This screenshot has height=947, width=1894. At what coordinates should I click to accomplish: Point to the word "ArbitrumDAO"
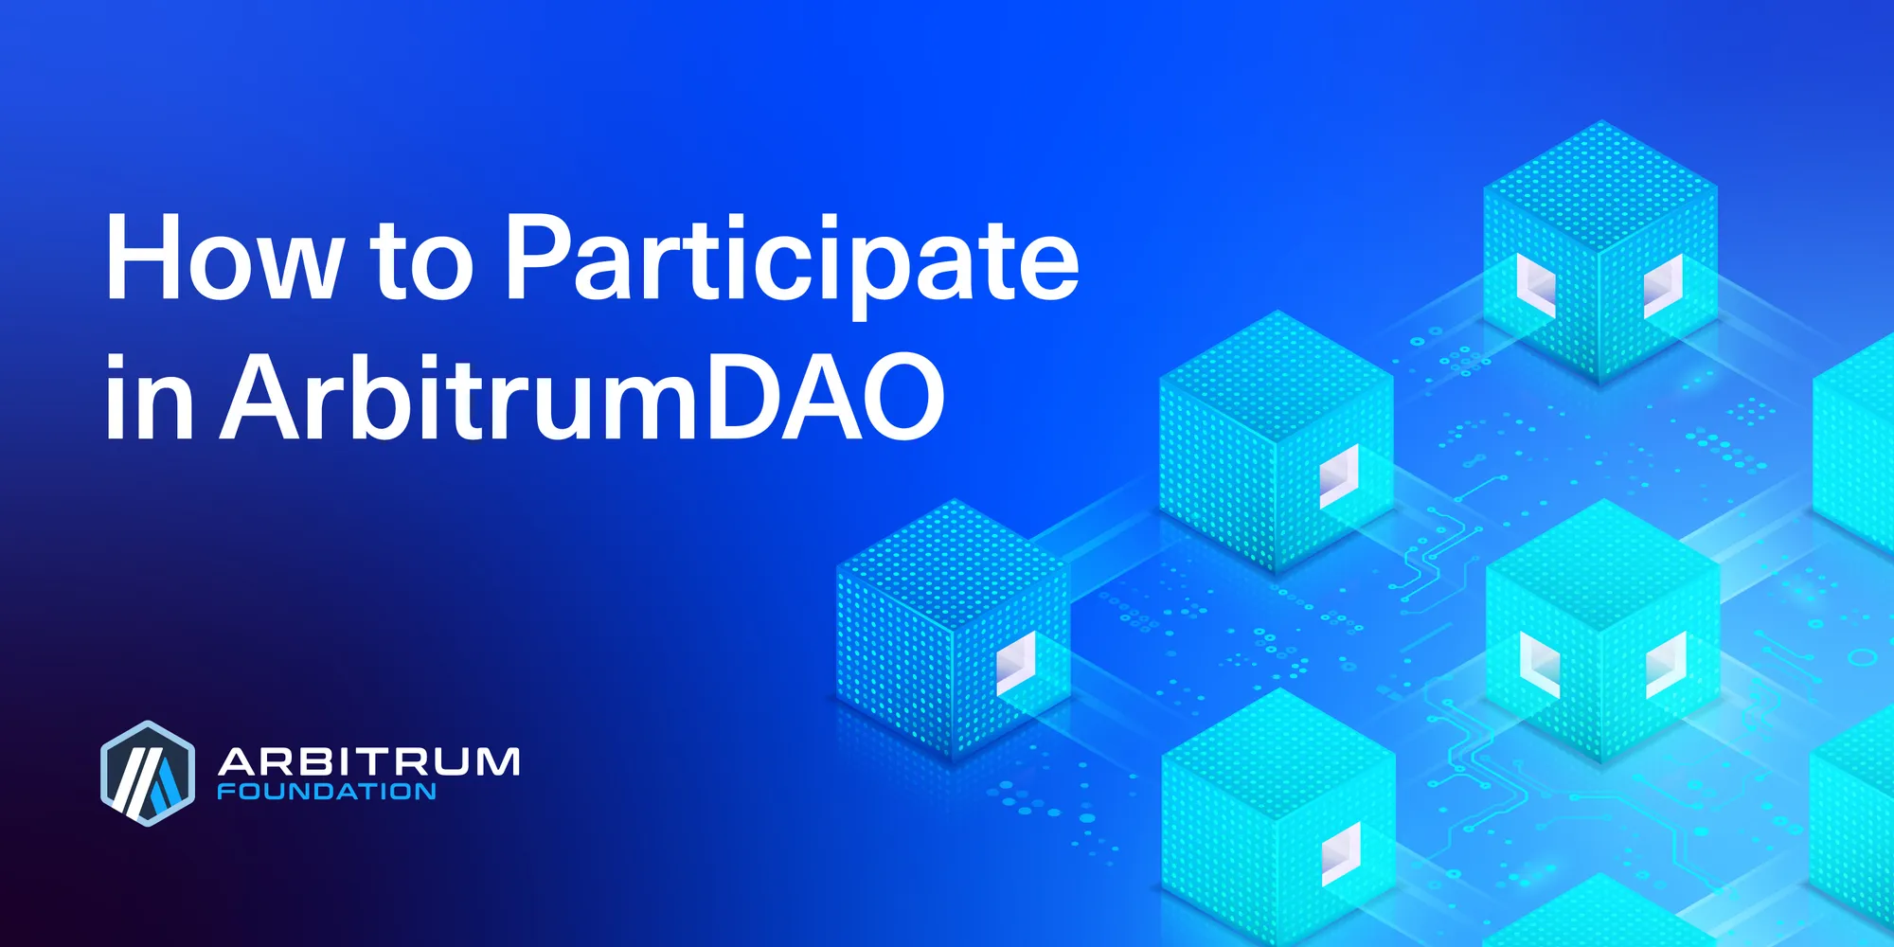tap(582, 397)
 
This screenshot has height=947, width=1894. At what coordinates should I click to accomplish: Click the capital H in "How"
tap(141, 257)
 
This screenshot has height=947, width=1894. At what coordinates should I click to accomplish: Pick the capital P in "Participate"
tap(540, 257)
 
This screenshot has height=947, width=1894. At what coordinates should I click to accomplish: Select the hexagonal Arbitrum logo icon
tap(147, 773)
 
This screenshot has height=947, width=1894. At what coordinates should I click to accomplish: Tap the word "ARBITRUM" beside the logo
tap(369, 761)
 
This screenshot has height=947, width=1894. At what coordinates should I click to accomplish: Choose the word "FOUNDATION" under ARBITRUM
tap(327, 792)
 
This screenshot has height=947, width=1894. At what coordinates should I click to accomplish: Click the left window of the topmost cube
tap(1536, 285)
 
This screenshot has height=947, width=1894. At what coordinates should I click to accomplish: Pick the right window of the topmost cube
tap(1663, 285)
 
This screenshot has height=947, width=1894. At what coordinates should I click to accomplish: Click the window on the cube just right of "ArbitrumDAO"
tap(1339, 474)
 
